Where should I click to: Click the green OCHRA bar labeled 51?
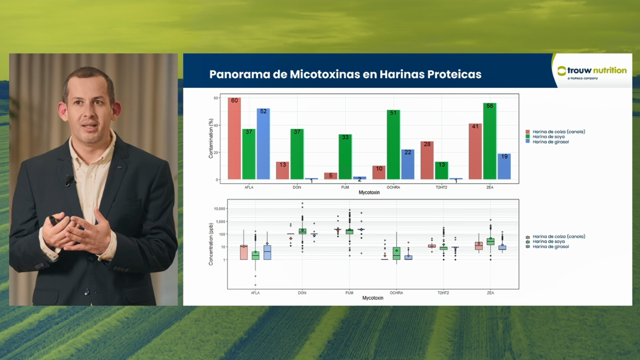(393, 144)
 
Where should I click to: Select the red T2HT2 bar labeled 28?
(426, 160)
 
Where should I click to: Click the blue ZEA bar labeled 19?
(504, 166)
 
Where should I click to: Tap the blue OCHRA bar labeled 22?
(407, 164)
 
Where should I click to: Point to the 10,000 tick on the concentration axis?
(218, 208)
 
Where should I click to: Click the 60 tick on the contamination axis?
(216, 98)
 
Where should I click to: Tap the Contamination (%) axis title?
(211, 138)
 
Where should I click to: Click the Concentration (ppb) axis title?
(211, 243)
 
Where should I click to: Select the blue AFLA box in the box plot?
(267, 252)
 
